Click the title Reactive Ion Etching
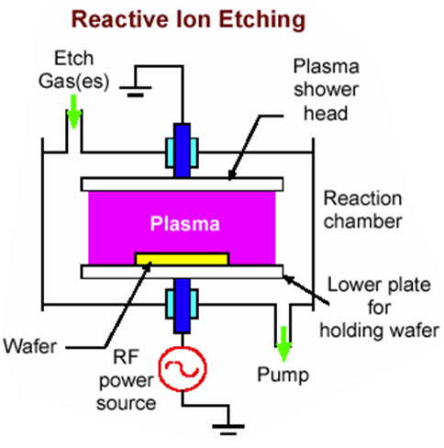pyautogui.click(x=188, y=20)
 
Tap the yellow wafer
pyautogui.click(x=182, y=259)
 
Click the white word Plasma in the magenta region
pyautogui.click(x=185, y=224)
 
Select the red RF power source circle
pyautogui.click(x=183, y=368)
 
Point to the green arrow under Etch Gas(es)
pyautogui.click(x=73, y=112)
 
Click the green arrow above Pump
pyautogui.click(x=283, y=344)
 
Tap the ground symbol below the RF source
pyautogui.click(x=228, y=429)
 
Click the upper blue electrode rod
pyautogui.click(x=183, y=151)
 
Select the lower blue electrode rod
pyautogui.click(x=183, y=306)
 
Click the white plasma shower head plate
pyautogui.click(x=182, y=185)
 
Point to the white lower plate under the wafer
pyautogui.click(x=182, y=272)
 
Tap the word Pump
pyautogui.click(x=283, y=375)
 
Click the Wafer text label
pyautogui.click(x=30, y=347)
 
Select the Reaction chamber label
pyautogui.click(x=363, y=209)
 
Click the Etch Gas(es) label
pyautogui.click(x=74, y=70)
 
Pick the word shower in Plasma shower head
pyautogui.click(x=327, y=89)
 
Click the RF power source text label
pyautogui.click(x=127, y=380)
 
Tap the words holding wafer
pyautogui.click(x=380, y=330)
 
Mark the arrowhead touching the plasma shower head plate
pyautogui.click(x=232, y=174)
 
